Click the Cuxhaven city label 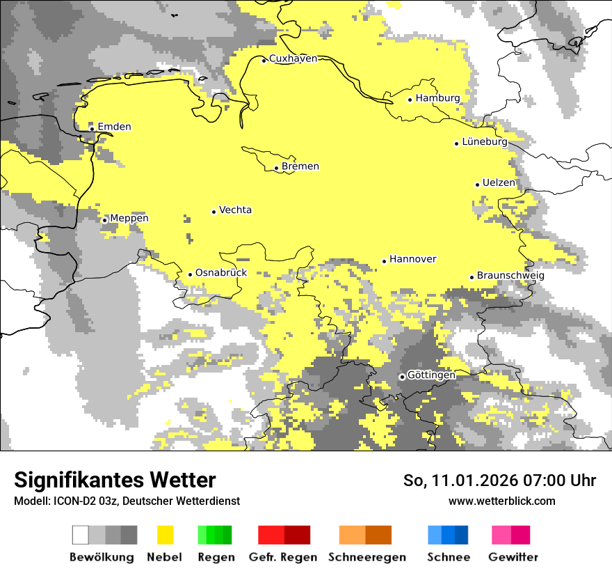click(x=293, y=58)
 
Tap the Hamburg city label click(x=438, y=98)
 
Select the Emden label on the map click(x=114, y=127)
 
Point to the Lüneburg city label click(x=485, y=142)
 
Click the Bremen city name click(x=300, y=166)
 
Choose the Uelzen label click(x=499, y=183)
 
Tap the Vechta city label click(x=235, y=210)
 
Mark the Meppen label click(x=129, y=219)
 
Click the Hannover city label click(x=413, y=259)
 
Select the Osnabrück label click(x=221, y=273)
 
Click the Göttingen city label click(x=431, y=375)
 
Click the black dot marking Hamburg click(x=410, y=100)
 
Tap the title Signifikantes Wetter click(x=115, y=481)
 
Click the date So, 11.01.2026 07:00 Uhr click(x=499, y=481)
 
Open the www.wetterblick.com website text click(x=501, y=501)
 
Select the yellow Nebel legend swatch click(x=165, y=535)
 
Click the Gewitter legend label click(x=513, y=557)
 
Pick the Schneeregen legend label click(x=367, y=557)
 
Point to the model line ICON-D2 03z click(x=127, y=501)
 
